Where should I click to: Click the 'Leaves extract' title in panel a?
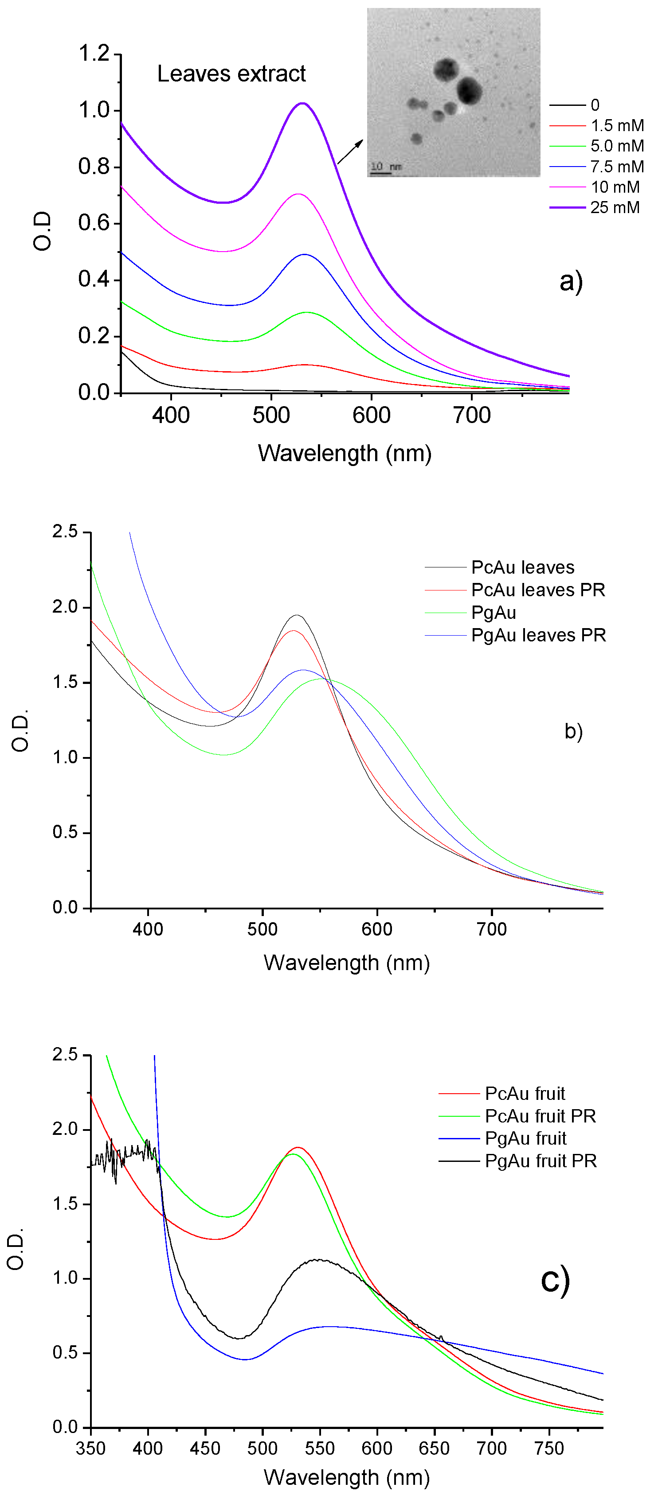[x=231, y=74]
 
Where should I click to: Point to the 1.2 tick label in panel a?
[x=94, y=54]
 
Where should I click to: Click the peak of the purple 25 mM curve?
[x=302, y=103]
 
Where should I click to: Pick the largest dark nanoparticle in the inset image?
[x=469, y=90]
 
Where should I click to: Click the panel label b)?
[x=573, y=731]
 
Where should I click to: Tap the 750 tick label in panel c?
[x=549, y=1448]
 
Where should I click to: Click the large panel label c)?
[x=555, y=1279]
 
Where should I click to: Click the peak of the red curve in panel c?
[x=298, y=1147]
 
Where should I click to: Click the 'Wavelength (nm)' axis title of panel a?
[x=345, y=453]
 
